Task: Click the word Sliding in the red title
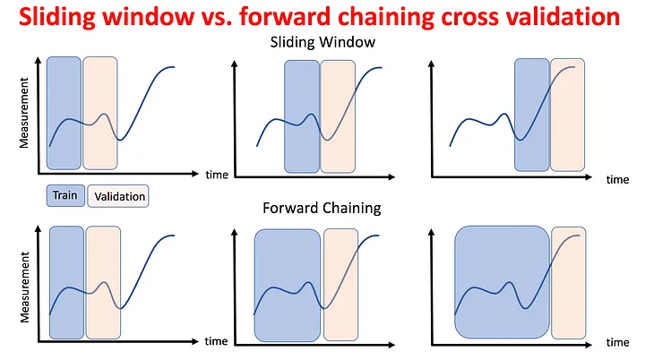(x=56, y=16)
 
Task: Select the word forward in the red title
(x=285, y=16)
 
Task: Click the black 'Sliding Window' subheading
(x=322, y=42)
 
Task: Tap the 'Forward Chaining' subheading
(x=322, y=208)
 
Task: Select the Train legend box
(x=65, y=195)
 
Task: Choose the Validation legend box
(x=118, y=196)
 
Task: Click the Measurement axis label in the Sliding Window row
(x=24, y=113)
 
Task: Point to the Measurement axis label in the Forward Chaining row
(x=24, y=287)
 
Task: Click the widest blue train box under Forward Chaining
(x=502, y=282)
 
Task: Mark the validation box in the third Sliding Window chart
(x=567, y=115)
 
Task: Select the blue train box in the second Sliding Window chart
(x=302, y=116)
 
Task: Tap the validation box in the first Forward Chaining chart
(x=103, y=282)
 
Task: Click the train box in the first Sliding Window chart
(x=64, y=113)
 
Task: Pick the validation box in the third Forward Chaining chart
(x=568, y=283)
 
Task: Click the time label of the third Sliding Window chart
(x=617, y=179)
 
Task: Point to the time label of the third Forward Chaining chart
(x=617, y=342)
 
